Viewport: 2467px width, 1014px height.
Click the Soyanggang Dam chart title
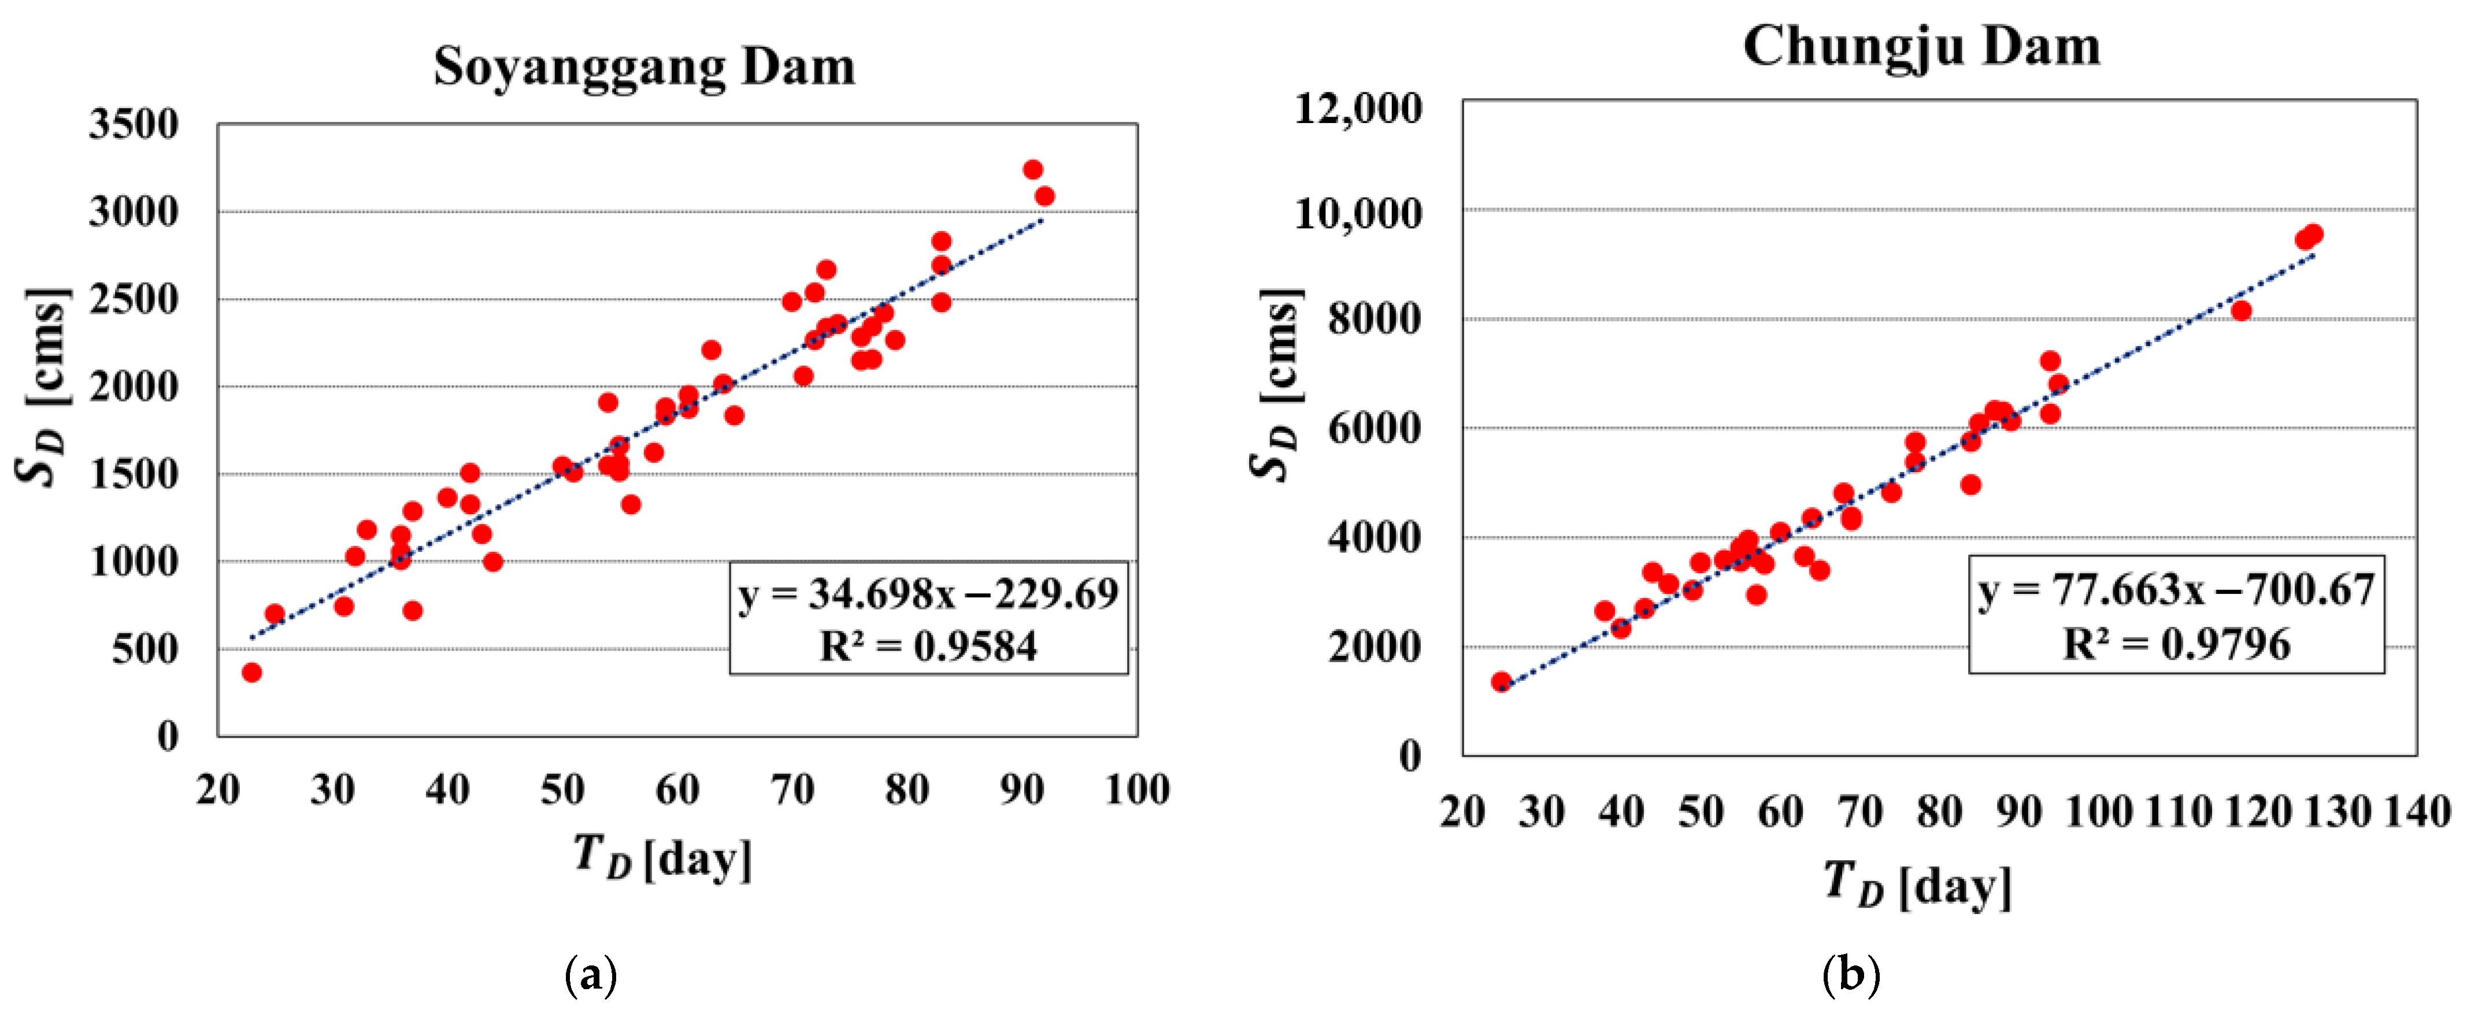[643, 67]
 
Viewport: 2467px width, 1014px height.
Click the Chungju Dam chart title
[1921, 46]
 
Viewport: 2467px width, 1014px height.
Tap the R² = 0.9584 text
[928, 647]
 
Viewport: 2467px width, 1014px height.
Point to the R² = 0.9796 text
[2176, 644]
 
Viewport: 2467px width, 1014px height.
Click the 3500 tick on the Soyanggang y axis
[134, 124]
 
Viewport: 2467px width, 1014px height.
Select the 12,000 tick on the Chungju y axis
[1358, 107]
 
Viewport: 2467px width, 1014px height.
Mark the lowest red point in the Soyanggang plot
[252, 672]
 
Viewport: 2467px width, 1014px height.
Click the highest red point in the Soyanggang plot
[1032, 169]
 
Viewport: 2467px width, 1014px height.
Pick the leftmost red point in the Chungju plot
[1501, 682]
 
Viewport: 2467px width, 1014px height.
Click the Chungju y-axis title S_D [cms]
[1277, 383]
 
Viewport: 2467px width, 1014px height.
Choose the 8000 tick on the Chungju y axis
[1375, 319]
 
